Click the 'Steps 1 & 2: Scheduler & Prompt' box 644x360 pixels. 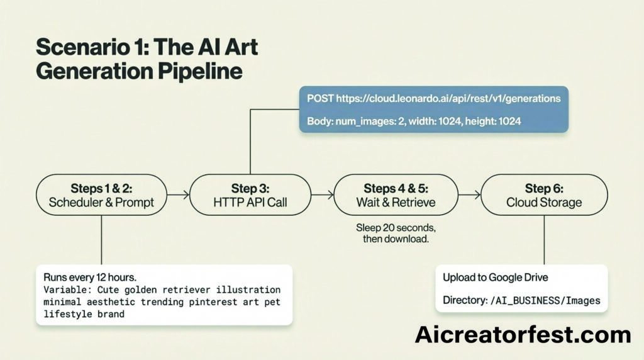click(101, 195)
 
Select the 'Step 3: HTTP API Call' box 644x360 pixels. click(250, 195)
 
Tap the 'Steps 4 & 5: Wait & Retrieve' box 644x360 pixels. click(396, 195)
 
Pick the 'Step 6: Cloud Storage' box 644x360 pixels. click(544, 195)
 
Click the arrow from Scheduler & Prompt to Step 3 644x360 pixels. click(178, 195)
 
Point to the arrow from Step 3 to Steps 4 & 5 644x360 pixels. click(323, 195)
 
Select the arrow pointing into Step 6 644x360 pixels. click(469, 195)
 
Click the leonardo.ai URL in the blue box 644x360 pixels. click(448, 99)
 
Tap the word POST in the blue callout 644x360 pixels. click(320, 99)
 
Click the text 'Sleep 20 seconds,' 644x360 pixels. click(396, 228)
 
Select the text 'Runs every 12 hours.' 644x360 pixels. click(90, 278)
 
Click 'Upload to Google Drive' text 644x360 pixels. click(496, 278)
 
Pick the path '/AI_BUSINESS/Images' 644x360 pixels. click(545, 300)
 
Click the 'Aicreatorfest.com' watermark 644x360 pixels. click(523, 335)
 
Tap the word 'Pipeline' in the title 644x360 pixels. click(200, 72)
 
